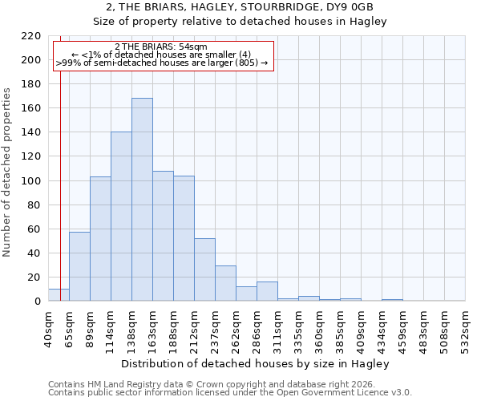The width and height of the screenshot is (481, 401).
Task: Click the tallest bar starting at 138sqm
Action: click(x=142, y=200)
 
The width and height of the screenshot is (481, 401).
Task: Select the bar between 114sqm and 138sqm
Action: click(x=121, y=217)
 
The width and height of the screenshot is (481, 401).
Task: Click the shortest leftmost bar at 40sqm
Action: click(x=59, y=295)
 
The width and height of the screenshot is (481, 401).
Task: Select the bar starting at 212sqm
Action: click(x=204, y=269)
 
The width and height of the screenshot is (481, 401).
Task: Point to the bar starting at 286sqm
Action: click(x=267, y=292)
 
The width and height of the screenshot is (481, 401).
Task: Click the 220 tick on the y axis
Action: click(x=30, y=36)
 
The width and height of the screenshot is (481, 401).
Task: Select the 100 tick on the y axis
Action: click(x=30, y=181)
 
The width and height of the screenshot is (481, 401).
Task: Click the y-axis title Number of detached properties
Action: click(x=8, y=169)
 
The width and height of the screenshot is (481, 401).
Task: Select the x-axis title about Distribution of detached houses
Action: click(x=256, y=363)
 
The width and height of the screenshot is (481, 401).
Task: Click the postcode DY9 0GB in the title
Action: click(x=352, y=7)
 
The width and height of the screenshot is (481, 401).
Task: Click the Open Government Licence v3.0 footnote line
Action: click(x=230, y=393)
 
